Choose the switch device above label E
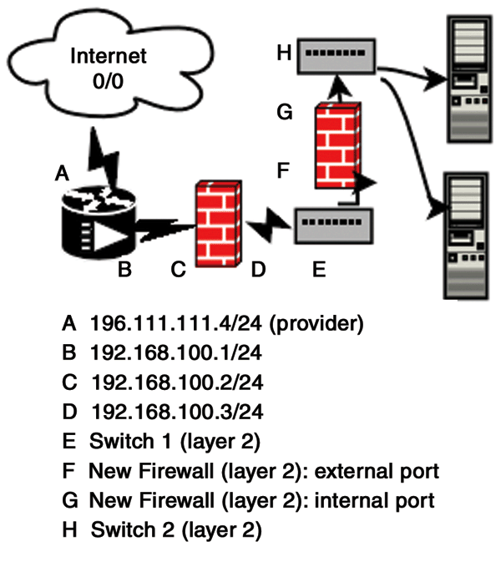(334, 224)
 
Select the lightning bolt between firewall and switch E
(267, 224)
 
